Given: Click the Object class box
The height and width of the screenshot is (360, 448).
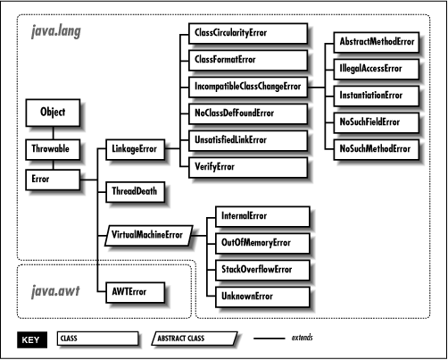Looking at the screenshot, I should coord(53,113).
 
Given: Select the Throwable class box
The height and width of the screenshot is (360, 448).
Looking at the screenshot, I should coord(53,149).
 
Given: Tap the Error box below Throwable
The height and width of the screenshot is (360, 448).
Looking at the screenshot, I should coord(53,179).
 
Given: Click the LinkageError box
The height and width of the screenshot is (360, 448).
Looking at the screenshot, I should coord(135,149).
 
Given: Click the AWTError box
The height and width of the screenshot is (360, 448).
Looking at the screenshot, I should coord(135,292).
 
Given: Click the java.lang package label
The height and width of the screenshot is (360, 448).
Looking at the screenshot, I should coord(55,33).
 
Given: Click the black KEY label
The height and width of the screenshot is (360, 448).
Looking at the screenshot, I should coord(33,339).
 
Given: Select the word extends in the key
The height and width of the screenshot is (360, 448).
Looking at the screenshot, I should coord(303,339).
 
